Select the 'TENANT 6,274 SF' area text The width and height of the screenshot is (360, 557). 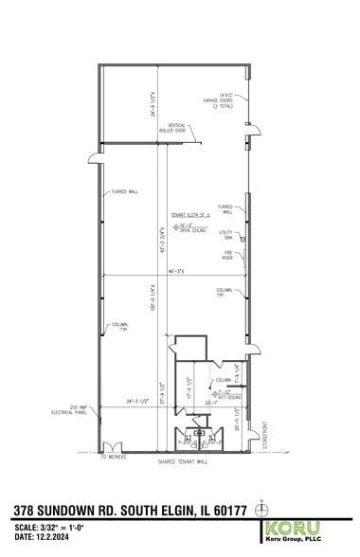[x=189, y=216]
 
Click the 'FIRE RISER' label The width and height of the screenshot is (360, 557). [x=227, y=256]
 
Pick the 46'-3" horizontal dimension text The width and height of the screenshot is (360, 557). [x=176, y=271]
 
